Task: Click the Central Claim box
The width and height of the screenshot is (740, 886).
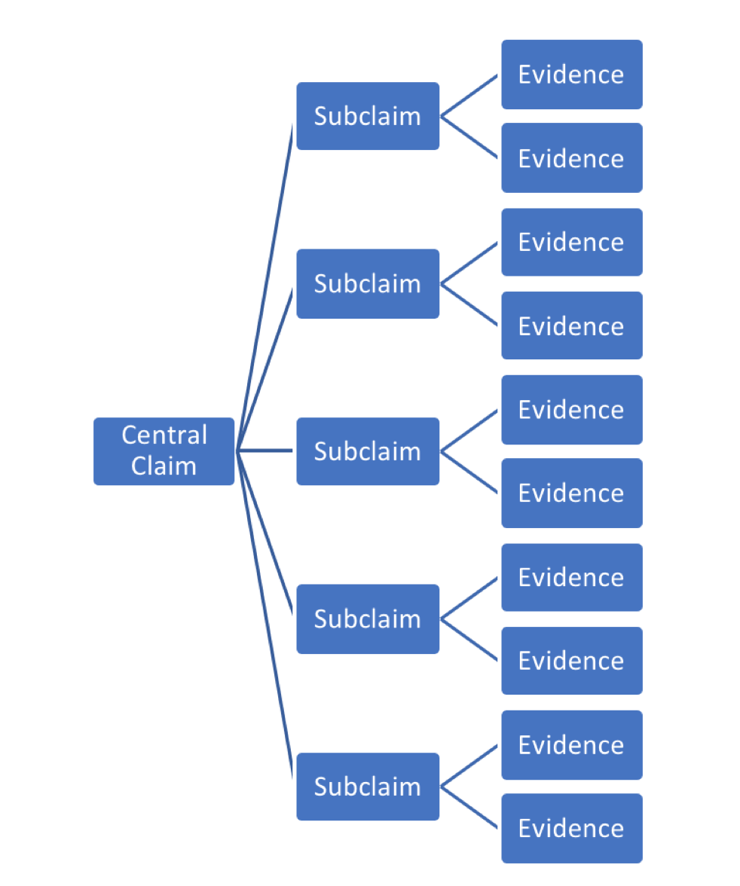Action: (x=164, y=451)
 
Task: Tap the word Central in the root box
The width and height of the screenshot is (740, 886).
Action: (x=164, y=435)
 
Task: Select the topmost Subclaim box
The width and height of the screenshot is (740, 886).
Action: (x=368, y=116)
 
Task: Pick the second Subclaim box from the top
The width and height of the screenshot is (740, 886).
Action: (x=368, y=283)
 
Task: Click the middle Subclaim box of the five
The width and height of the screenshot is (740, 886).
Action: (x=368, y=451)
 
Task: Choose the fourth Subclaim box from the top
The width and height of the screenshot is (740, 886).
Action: (x=368, y=619)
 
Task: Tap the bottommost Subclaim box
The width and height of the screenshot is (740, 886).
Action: (x=368, y=786)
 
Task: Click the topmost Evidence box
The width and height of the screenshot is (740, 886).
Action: (x=571, y=75)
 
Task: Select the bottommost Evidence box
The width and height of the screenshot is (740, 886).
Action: (x=571, y=828)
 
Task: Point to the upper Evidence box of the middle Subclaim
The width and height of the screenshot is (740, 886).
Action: (x=571, y=410)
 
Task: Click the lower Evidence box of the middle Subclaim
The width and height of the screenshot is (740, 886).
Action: (x=571, y=493)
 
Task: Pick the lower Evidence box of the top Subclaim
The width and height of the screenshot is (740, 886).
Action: (x=571, y=158)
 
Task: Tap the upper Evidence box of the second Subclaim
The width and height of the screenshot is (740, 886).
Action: (x=571, y=242)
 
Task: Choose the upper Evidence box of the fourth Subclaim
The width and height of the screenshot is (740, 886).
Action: (x=571, y=577)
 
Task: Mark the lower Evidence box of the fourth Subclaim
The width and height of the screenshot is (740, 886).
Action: (x=571, y=661)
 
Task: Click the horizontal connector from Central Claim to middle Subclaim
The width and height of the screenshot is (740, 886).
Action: (x=265, y=451)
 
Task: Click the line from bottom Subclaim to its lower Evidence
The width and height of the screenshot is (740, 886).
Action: (x=469, y=807)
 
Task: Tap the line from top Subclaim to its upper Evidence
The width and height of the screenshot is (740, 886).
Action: (x=469, y=96)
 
